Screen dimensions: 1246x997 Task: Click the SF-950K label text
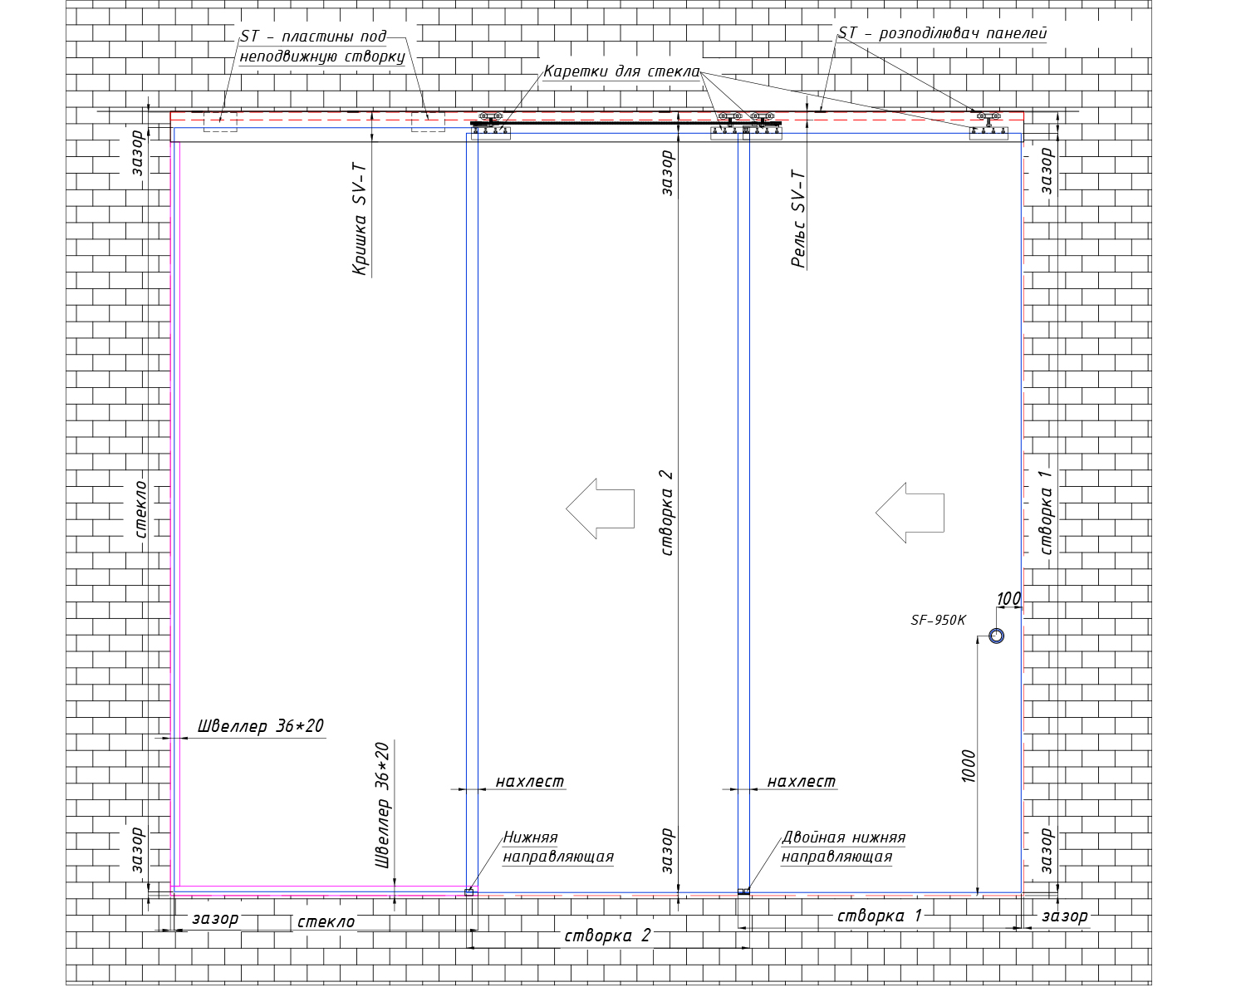pyautogui.click(x=938, y=621)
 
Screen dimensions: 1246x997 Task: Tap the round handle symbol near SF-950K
pyautogui.click(x=996, y=630)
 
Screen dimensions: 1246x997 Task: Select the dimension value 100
pyautogui.click(x=1008, y=598)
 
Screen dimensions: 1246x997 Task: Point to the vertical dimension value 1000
pyautogui.click(x=969, y=766)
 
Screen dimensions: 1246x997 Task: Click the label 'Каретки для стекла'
pyautogui.click(x=622, y=71)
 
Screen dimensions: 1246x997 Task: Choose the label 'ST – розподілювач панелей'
pyautogui.click(x=943, y=33)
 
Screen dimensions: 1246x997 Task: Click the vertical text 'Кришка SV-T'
pyautogui.click(x=360, y=219)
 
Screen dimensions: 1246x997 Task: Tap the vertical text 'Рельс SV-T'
pyautogui.click(x=798, y=219)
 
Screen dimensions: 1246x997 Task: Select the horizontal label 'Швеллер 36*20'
pyautogui.click(x=261, y=726)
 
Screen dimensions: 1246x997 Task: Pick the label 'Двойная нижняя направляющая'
pyautogui.click(x=843, y=847)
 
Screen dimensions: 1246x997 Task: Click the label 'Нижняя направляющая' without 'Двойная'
pyautogui.click(x=558, y=847)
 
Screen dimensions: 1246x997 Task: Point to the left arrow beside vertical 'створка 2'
pyautogui.click(x=600, y=508)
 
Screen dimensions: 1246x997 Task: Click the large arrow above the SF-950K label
pyautogui.click(x=910, y=513)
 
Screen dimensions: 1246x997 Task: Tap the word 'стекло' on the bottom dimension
pyautogui.click(x=326, y=921)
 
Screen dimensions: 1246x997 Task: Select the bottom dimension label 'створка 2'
pyautogui.click(x=607, y=936)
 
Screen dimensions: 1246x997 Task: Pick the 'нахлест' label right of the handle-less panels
pyautogui.click(x=802, y=782)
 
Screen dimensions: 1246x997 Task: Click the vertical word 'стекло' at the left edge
pyautogui.click(x=140, y=509)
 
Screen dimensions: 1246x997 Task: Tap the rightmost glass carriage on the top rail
pyautogui.click(x=988, y=125)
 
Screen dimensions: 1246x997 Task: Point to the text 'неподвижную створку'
pyautogui.click(x=322, y=56)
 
